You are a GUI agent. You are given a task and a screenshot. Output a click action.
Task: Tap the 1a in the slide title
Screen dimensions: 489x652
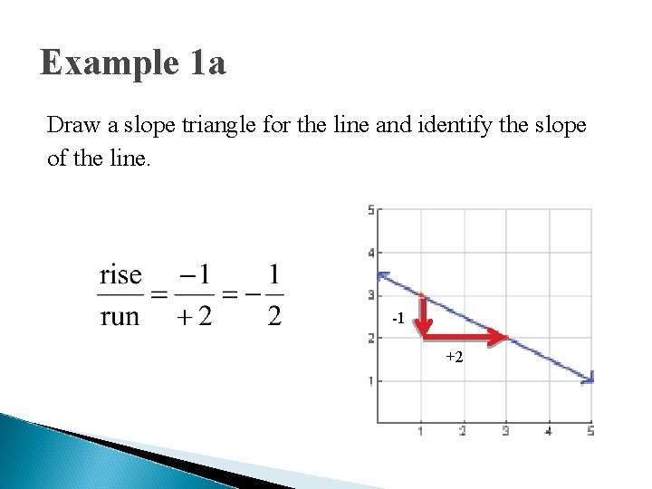[208, 63]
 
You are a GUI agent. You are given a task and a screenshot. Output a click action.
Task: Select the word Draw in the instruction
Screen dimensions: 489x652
[68, 124]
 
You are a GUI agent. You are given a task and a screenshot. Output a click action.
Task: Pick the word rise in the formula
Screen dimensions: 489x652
[120, 273]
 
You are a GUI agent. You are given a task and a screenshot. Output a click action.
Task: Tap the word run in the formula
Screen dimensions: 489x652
[120, 316]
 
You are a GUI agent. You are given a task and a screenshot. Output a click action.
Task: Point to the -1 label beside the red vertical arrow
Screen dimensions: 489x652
[398, 320]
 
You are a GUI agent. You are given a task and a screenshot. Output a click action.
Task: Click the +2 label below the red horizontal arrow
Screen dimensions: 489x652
[455, 358]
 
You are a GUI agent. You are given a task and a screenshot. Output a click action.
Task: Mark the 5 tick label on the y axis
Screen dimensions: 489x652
[370, 210]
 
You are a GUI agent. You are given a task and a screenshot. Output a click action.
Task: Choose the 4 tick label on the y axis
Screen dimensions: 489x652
[370, 253]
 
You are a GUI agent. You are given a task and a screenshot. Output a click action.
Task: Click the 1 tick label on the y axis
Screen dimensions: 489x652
[370, 381]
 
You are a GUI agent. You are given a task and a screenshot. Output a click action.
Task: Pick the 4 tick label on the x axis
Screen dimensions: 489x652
[549, 431]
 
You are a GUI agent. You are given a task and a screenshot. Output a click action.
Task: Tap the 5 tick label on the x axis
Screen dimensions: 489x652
[590, 431]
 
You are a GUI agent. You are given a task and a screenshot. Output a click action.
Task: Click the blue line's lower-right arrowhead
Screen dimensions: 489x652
[588, 379]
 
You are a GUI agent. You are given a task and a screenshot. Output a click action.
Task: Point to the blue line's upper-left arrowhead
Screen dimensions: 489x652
[383, 275]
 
